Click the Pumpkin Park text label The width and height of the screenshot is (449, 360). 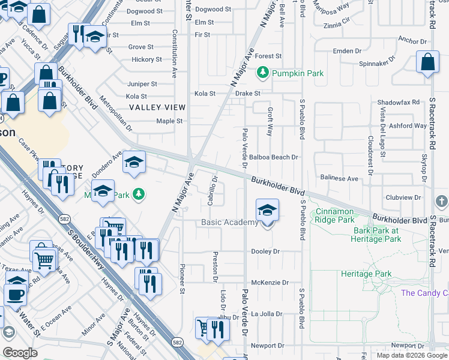298,73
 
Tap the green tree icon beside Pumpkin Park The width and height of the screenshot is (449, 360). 262,73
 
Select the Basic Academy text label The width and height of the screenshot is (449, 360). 229,222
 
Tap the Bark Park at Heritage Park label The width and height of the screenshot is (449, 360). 377,235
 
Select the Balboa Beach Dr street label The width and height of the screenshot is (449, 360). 274,157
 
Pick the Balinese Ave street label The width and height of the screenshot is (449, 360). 339,179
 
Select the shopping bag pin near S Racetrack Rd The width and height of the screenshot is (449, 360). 427,63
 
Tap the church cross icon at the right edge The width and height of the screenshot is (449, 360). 442,201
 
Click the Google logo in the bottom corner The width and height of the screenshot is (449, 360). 20,352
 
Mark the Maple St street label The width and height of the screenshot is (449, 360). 169,121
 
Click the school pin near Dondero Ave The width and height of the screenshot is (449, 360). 134,162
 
